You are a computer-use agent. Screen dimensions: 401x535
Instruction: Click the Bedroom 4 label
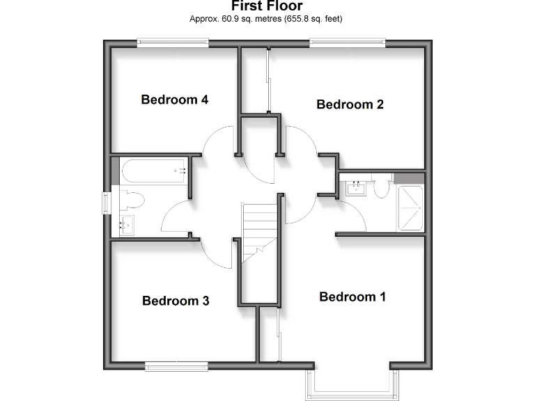[x=174, y=100]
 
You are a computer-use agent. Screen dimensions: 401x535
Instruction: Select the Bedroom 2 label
[x=350, y=104]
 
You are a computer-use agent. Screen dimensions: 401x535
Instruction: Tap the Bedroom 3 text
[x=176, y=301]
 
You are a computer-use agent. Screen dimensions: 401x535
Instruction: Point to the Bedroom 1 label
[x=352, y=297]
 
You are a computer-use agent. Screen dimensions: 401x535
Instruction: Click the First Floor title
[x=267, y=6]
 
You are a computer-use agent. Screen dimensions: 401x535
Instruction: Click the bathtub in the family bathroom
[x=153, y=171]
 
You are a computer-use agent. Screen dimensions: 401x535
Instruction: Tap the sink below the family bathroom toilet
[x=127, y=224]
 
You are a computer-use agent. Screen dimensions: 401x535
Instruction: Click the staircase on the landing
[x=259, y=233]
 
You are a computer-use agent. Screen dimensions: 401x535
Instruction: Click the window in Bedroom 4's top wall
[x=173, y=43]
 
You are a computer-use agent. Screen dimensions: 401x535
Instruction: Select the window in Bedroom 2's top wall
[x=348, y=43]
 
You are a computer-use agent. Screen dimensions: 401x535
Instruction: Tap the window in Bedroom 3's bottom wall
[x=176, y=365]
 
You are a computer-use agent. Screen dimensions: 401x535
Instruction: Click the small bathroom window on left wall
[x=107, y=203]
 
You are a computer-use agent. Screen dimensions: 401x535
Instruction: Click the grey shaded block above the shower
[x=408, y=177]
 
